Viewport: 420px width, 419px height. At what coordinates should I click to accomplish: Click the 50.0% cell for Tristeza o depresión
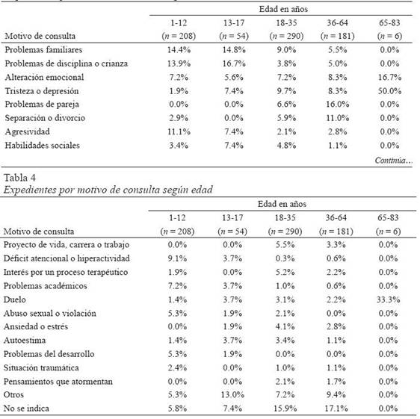pos(389,91)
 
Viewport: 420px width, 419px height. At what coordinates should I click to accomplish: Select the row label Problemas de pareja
pos(42,105)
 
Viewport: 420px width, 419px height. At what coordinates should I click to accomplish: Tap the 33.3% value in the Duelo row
pos(388,299)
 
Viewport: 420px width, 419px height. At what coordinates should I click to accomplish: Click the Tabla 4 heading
pos(19,178)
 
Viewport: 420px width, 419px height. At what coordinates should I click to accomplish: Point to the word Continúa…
pos(394,161)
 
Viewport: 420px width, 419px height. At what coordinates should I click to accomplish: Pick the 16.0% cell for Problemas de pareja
pos(337,105)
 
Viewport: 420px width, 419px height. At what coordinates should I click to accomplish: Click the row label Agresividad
pos(28,131)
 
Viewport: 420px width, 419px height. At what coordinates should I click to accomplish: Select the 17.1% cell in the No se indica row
pos(336,409)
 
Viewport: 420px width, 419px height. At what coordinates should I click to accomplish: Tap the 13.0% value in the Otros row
pos(232,394)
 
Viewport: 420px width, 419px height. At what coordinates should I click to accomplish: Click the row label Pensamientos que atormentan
pos(58,382)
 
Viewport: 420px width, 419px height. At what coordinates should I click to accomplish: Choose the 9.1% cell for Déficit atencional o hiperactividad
pos(177,258)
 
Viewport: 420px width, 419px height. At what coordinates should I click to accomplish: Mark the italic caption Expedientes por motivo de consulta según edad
pos(108,190)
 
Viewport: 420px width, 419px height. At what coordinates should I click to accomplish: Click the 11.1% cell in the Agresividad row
pos(179,131)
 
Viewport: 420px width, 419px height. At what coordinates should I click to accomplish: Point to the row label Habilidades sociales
pos(43,146)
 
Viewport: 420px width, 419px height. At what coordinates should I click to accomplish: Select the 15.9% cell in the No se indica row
pos(285,409)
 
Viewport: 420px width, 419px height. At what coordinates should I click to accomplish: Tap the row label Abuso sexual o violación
pos(50,313)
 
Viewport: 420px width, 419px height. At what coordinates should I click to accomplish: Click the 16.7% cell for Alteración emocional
pos(389,78)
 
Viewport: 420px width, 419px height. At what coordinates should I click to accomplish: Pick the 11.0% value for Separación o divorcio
pos(337,118)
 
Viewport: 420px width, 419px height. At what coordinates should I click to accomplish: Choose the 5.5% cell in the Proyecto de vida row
pos(285,245)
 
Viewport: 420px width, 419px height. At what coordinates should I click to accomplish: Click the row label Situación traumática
pos(41,367)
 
